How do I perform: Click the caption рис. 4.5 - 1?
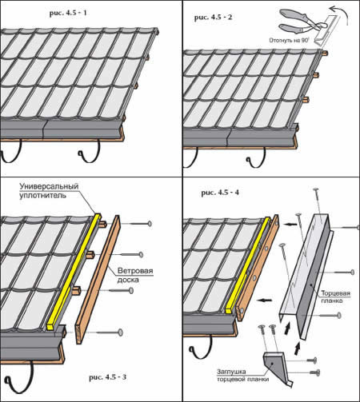tap(68, 13)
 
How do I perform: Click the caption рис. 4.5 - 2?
tap(213, 18)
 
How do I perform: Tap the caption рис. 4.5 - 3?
tap(108, 377)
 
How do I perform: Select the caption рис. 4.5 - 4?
tap(220, 193)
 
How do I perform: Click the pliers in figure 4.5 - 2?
tap(302, 22)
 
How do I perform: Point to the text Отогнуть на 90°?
tap(289, 41)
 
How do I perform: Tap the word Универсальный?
tap(49, 186)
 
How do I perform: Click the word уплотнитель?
tap(42, 195)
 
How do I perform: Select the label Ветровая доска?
tap(135, 275)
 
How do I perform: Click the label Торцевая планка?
tap(335, 297)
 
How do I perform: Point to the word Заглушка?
tap(231, 372)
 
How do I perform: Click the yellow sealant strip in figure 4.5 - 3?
tap(74, 272)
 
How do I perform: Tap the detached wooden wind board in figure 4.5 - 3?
tap(98, 279)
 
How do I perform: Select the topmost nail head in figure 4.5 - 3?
tap(150, 224)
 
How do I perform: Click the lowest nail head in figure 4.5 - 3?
tap(120, 332)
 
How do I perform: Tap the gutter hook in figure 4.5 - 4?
tap(200, 347)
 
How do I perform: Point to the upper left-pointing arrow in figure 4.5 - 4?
tap(290, 225)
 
